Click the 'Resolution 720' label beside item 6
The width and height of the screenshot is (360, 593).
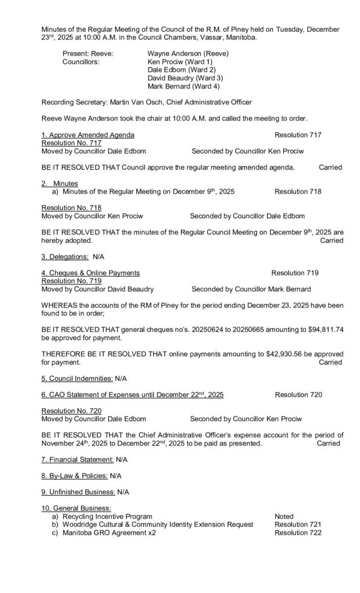298,395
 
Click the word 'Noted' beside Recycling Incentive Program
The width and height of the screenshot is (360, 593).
284,516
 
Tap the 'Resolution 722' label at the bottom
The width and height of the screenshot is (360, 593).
298,532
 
